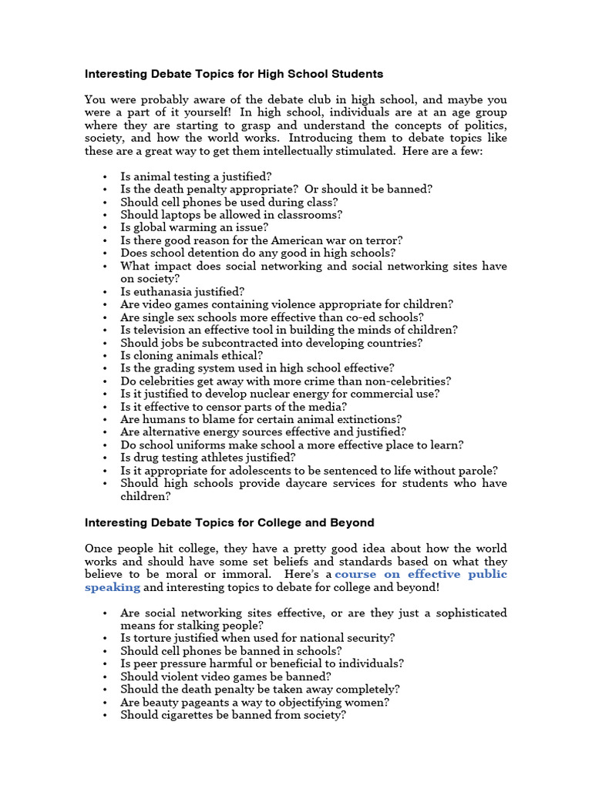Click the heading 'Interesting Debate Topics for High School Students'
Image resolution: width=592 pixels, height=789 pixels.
234,75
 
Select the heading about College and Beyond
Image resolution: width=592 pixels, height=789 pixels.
229,522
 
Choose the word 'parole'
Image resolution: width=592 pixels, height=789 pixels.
477,470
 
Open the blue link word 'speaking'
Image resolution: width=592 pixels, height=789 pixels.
113,587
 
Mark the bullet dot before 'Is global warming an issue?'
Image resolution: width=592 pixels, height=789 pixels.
104,228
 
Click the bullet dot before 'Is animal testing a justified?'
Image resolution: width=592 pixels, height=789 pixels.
104,177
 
